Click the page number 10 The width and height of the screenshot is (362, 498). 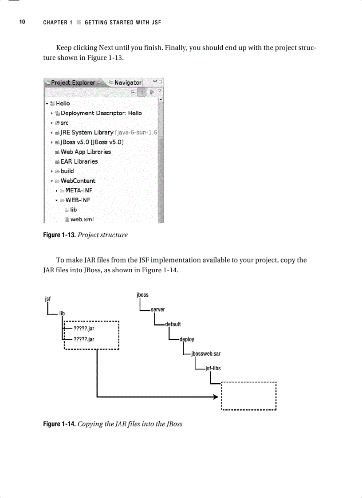point(22,22)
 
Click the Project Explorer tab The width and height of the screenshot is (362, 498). point(72,82)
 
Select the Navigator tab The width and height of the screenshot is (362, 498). point(127,82)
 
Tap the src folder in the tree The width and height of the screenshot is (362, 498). point(64,123)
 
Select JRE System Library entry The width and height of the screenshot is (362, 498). point(87,133)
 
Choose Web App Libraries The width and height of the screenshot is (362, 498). point(85,152)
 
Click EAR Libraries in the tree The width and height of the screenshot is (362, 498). point(79,161)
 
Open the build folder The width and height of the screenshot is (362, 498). point(67,171)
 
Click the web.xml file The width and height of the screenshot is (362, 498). point(82,219)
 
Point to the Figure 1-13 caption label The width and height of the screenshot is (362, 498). point(59,235)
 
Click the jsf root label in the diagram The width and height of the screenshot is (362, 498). point(48,299)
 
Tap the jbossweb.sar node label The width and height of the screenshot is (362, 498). point(206,354)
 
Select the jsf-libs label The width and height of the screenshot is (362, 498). point(213,369)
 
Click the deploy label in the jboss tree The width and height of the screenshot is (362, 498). point(187,339)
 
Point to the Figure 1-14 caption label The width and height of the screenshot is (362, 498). point(59,424)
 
